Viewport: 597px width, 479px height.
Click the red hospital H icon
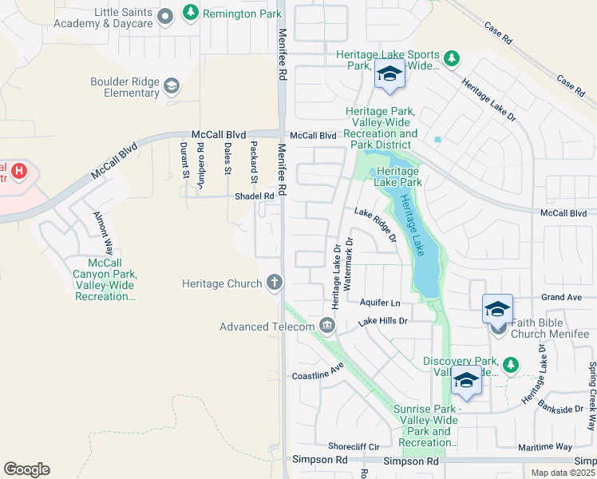(19, 170)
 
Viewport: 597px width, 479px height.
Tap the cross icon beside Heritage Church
(275, 283)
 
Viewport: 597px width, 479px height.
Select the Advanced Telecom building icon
(326, 325)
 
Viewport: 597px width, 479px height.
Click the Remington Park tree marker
(190, 13)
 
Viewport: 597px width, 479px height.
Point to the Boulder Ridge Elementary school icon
(171, 85)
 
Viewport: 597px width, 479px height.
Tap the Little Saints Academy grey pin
(165, 17)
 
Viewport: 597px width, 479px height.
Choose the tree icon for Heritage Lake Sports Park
(451, 58)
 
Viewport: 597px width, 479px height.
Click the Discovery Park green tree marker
(510, 364)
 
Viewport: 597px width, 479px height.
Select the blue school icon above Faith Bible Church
(497, 308)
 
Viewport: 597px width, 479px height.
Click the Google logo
(26, 469)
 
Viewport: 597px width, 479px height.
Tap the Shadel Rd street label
(254, 196)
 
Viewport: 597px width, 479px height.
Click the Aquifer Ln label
(379, 303)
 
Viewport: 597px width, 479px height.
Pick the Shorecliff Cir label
(353, 446)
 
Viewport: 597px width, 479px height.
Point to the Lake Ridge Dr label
(376, 224)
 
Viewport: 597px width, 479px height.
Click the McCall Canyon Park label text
(105, 279)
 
